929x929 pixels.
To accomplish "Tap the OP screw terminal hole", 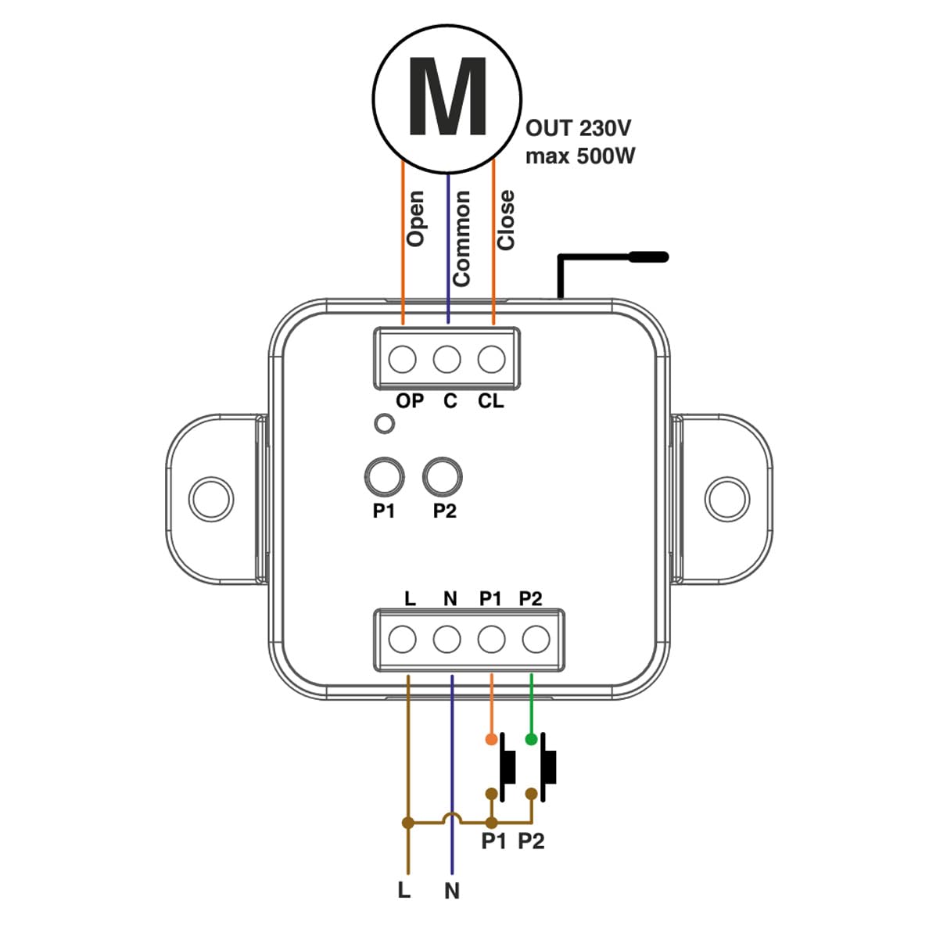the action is [402, 359].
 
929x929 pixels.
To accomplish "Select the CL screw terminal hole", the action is [491, 359].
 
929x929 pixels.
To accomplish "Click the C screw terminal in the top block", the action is [447, 359].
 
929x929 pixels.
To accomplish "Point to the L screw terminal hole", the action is [402, 640].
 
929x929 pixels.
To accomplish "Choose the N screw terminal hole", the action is [447, 640].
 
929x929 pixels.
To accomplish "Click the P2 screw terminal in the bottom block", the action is [536, 640].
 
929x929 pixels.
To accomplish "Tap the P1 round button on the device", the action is [385, 476].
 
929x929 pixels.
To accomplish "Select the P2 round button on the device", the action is [442, 476].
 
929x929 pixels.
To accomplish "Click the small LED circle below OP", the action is [385, 424].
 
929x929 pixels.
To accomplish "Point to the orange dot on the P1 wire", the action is [491, 740].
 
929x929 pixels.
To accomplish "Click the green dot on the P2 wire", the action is [532, 740].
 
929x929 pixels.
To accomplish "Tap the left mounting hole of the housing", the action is [211, 499].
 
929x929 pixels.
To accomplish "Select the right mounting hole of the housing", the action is [727, 499].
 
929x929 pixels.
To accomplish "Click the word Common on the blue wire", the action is [461, 239].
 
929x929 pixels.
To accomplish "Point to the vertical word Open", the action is [415, 218].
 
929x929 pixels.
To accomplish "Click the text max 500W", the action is [580, 156].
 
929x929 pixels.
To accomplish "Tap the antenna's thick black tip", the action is [649, 256].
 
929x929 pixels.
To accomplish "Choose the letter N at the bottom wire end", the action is [451, 891].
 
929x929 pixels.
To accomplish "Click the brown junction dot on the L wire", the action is [407, 823].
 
